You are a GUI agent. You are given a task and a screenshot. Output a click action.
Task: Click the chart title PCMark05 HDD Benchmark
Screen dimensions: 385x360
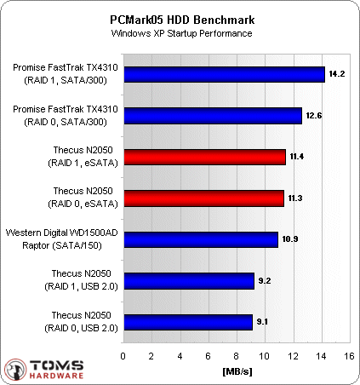(180, 18)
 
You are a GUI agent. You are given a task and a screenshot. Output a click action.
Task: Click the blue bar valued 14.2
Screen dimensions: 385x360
(224, 74)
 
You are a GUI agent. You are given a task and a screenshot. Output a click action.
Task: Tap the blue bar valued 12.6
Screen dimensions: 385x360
(212, 116)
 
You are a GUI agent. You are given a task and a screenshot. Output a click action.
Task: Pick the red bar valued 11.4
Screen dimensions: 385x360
(204, 157)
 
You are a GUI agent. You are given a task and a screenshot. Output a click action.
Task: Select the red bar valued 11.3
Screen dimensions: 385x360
(203, 198)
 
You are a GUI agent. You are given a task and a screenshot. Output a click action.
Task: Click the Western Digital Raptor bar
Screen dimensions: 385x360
(200, 239)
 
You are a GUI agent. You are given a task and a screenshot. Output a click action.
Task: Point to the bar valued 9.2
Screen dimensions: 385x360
(188, 281)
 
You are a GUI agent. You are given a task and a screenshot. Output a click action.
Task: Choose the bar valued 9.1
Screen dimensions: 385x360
(187, 322)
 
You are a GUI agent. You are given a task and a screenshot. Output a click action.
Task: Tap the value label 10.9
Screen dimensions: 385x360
(290, 239)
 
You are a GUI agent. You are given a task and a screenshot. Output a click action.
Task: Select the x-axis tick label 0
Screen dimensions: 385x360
(123, 357)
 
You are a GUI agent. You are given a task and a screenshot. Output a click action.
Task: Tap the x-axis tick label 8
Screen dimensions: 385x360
(236, 357)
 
